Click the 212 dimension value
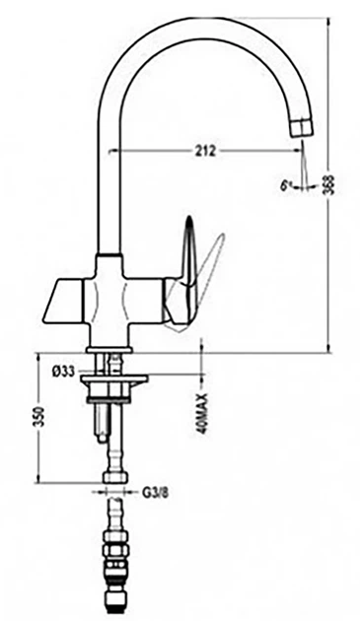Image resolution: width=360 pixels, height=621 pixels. [x=205, y=150]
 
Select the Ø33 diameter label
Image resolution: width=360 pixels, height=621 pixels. [x=60, y=371]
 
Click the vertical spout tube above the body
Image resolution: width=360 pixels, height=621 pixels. [x=108, y=177]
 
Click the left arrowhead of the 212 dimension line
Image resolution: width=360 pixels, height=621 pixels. [x=121, y=150]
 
